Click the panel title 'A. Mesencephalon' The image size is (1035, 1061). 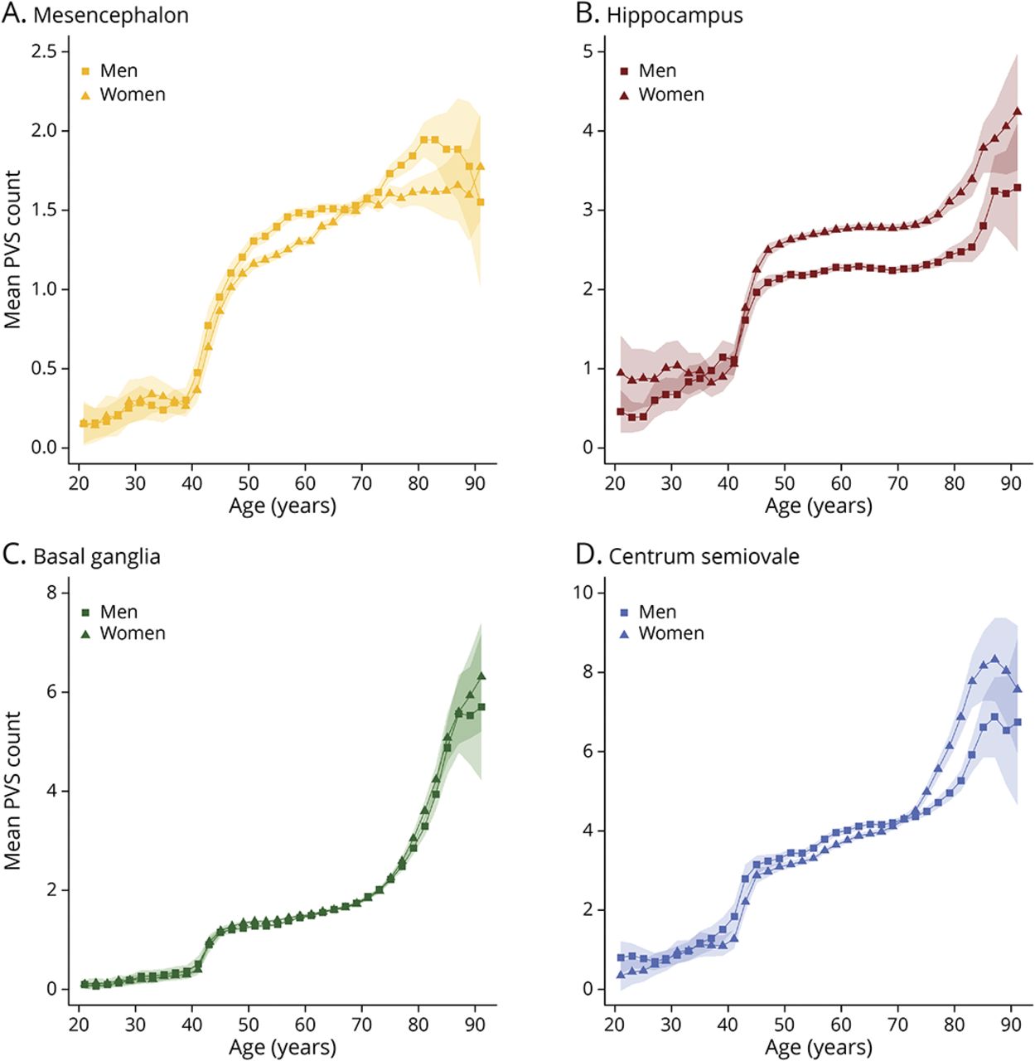95,15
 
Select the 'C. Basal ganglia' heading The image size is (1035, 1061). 81,555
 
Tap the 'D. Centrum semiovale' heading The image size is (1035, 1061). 688,555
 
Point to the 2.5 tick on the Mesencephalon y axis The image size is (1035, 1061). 50,51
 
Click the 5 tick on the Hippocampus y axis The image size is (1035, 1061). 588,51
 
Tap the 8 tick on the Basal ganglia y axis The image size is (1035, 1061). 52,592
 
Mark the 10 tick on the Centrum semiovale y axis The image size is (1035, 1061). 583,592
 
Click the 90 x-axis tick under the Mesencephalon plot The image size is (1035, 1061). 475,483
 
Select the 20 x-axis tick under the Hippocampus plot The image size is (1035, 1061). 615,483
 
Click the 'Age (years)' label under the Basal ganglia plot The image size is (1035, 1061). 283,1047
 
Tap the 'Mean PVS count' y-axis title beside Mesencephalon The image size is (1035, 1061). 12,249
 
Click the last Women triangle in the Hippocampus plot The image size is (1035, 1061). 1017,111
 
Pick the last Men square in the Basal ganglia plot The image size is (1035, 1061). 481,707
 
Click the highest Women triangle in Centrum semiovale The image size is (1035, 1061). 994,659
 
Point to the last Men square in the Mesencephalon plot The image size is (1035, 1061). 481,201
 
